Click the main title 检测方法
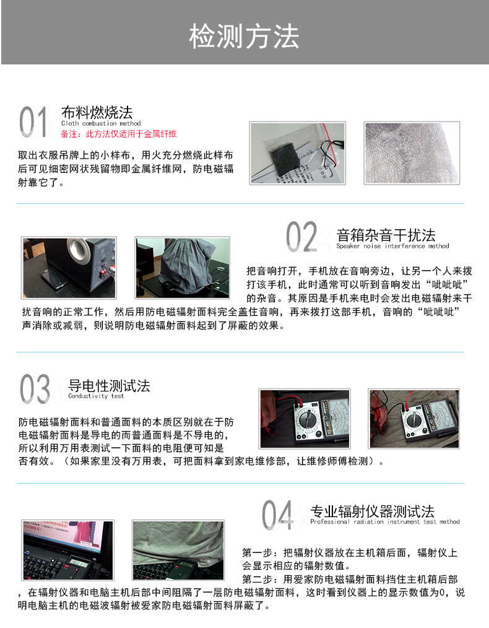click(x=244, y=37)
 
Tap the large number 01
click(x=33, y=122)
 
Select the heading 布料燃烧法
click(x=97, y=112)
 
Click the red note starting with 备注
click(x=119, y=134)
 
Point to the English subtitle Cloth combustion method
click(x=101, y=123)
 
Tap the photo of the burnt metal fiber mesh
click(x=412, y=153)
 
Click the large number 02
click(x=301, y=237)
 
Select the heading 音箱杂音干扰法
click(x=386, y=235)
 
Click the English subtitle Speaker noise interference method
click(x=392, y=246)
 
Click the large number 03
click(x=35, y=389)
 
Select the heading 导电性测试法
click(x=109, y=386)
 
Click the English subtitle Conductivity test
click(x=96, y=396)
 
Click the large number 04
click(x=277, y=515)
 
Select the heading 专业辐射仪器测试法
click(x=372, y=512)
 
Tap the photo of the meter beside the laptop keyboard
click(x=67, y=551)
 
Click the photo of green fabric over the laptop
click(x=178, y=551)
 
